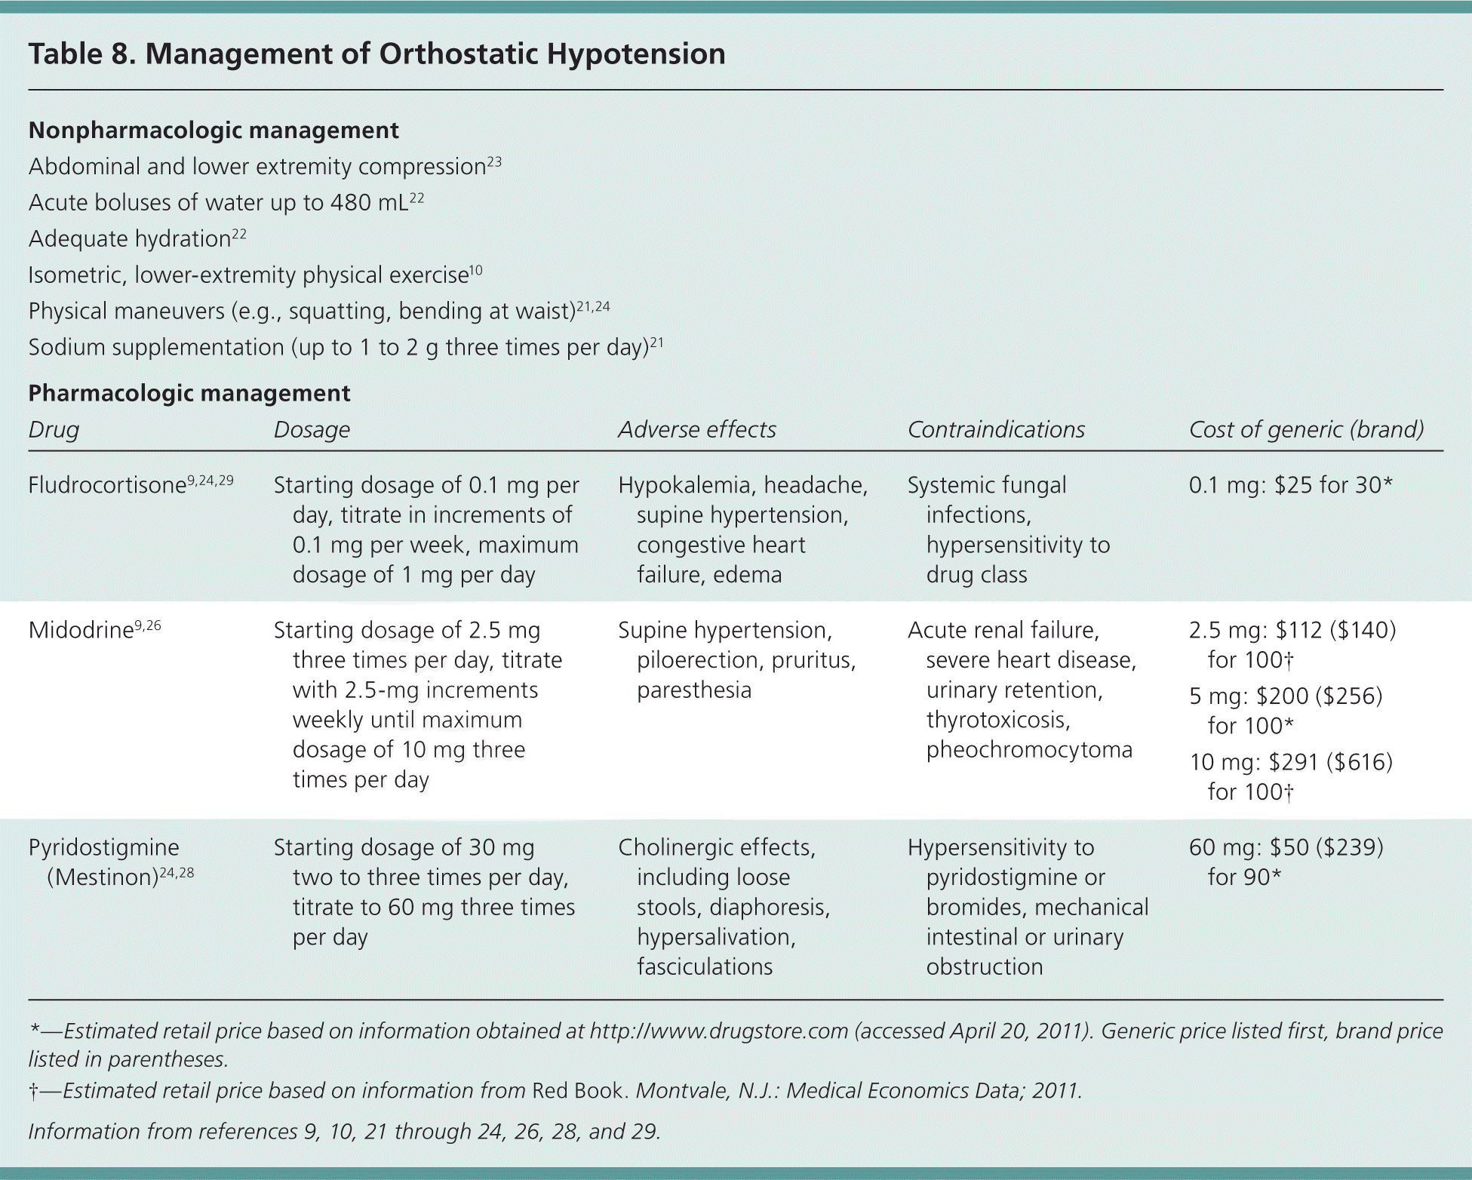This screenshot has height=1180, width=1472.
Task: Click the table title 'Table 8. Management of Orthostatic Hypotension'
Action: (376, 54)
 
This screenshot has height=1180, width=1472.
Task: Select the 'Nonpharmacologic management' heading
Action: (214, 131)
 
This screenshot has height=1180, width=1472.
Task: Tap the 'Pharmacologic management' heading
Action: (189, 393)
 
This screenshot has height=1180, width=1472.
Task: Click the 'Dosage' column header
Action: (312, 429)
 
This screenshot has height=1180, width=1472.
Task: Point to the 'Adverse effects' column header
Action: (696, 429)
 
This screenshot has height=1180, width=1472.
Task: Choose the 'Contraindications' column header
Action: (996, 429)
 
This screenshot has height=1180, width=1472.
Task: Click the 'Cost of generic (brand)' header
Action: (1306, 429)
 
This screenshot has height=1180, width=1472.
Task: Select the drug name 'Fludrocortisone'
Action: (107, 485)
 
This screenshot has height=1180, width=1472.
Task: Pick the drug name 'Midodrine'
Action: (81, 630)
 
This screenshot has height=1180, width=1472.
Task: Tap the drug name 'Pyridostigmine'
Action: (103, 847)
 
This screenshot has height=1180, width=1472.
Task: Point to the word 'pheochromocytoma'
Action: (1029, 750)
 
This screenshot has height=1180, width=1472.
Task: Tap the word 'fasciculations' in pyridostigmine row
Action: (705, 966)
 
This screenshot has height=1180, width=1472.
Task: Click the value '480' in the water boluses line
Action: (351, 203)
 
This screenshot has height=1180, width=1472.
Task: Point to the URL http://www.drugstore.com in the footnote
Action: (719, 1031)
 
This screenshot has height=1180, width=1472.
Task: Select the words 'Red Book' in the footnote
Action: (579, 1091)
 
